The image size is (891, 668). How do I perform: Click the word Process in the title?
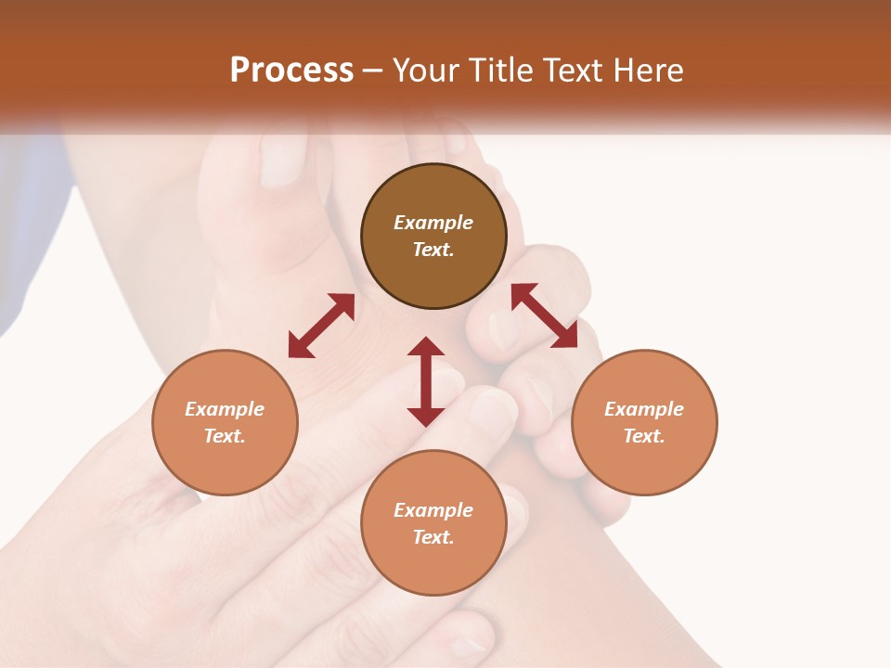click(291, 71)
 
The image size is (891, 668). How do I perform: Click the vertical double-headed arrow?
click(426, 381)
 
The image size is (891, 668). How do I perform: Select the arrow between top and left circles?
click(321, 326)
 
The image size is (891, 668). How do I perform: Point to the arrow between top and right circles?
click(545, 315)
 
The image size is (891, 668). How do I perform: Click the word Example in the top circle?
click(433, 223)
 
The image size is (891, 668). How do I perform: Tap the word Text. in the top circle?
click(433, 250)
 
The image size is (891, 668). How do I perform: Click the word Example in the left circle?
click(225, 409)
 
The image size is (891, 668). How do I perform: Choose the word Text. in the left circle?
click(225, 436)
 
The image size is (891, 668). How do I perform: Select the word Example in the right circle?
click(644, 409)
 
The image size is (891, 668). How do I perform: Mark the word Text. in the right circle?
click(644, 436)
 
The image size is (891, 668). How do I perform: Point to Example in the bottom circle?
click(433, 510)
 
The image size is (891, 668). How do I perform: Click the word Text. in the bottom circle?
click(433, 537)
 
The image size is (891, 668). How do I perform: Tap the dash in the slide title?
click(373, 71)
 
